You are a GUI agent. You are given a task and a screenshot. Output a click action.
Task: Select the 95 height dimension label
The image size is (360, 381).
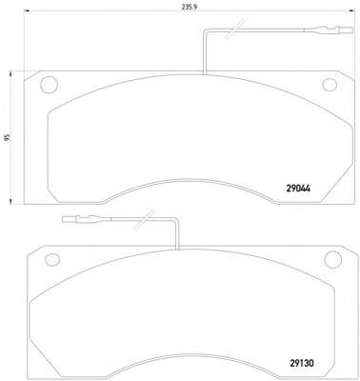point(8,137)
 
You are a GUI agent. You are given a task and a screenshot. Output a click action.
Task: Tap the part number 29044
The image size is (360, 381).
point(298,189)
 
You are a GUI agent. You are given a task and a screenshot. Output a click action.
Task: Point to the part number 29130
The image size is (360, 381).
point(302,363)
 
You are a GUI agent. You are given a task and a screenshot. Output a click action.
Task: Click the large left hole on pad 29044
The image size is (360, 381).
point(50,85)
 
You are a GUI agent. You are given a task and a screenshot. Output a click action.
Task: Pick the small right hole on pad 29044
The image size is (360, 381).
point(330,84)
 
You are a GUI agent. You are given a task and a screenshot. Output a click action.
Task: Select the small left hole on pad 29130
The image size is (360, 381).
point(52,260)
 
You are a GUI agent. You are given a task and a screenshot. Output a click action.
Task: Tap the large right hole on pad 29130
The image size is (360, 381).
point(333,259)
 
